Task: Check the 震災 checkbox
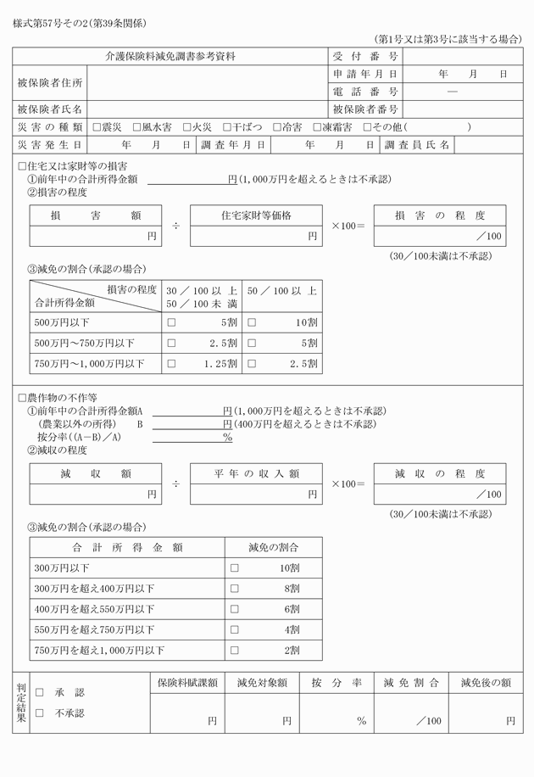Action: [96, 127]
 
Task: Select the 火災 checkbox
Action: [186, 127]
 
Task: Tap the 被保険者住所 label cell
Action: [50, 83]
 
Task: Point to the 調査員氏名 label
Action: [418, 145]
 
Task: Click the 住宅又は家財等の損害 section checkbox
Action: [22, 166]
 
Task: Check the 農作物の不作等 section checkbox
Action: [22, 397]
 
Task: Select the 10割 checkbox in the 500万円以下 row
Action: [252, 322]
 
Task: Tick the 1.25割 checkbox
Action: [172, 365]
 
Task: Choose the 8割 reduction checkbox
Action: [235, 588]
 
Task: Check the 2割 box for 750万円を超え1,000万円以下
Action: [235, 651]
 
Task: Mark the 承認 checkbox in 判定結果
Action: [39, 693]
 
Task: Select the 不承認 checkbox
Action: [39, 713]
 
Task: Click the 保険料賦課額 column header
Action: [187, 682]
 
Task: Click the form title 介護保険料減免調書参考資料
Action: [170, 57]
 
